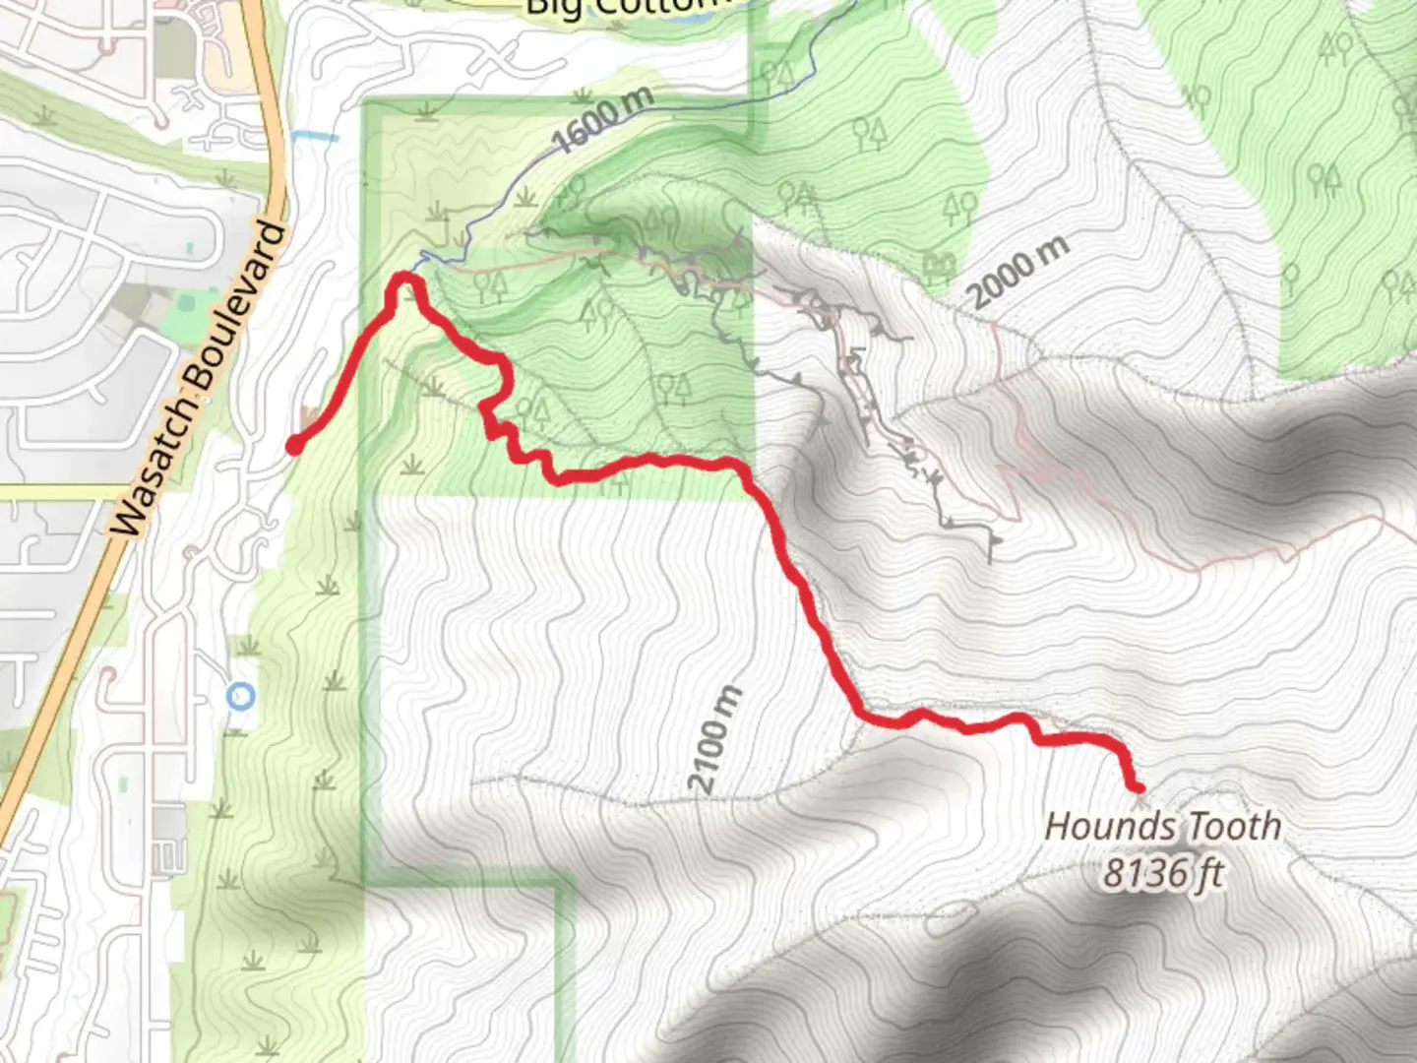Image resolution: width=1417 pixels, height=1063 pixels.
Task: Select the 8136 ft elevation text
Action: tap(1162, 873)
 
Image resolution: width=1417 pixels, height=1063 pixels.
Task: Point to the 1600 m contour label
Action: tap(603, 121)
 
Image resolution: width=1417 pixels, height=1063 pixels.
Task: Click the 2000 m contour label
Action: tap(1017, 272)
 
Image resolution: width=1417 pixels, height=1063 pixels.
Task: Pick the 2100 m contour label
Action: tap(715, 740)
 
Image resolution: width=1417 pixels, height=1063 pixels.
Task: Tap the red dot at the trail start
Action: tap(293, 448)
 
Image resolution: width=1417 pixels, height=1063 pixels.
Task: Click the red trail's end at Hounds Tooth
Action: tap(1139, 787)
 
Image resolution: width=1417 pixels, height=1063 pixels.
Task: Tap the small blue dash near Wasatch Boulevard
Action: tap(315, 137)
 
